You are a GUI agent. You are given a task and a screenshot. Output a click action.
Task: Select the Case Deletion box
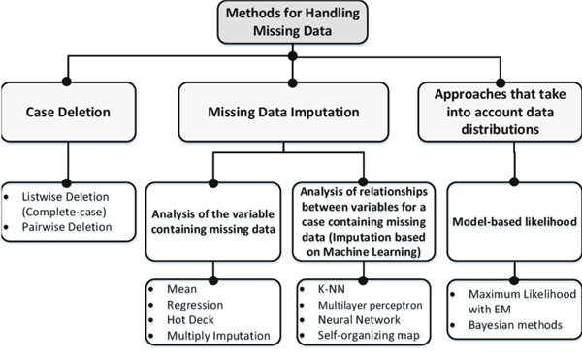[x=66, y=113]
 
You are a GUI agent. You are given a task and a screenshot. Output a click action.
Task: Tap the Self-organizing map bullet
[x=363, y=336]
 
